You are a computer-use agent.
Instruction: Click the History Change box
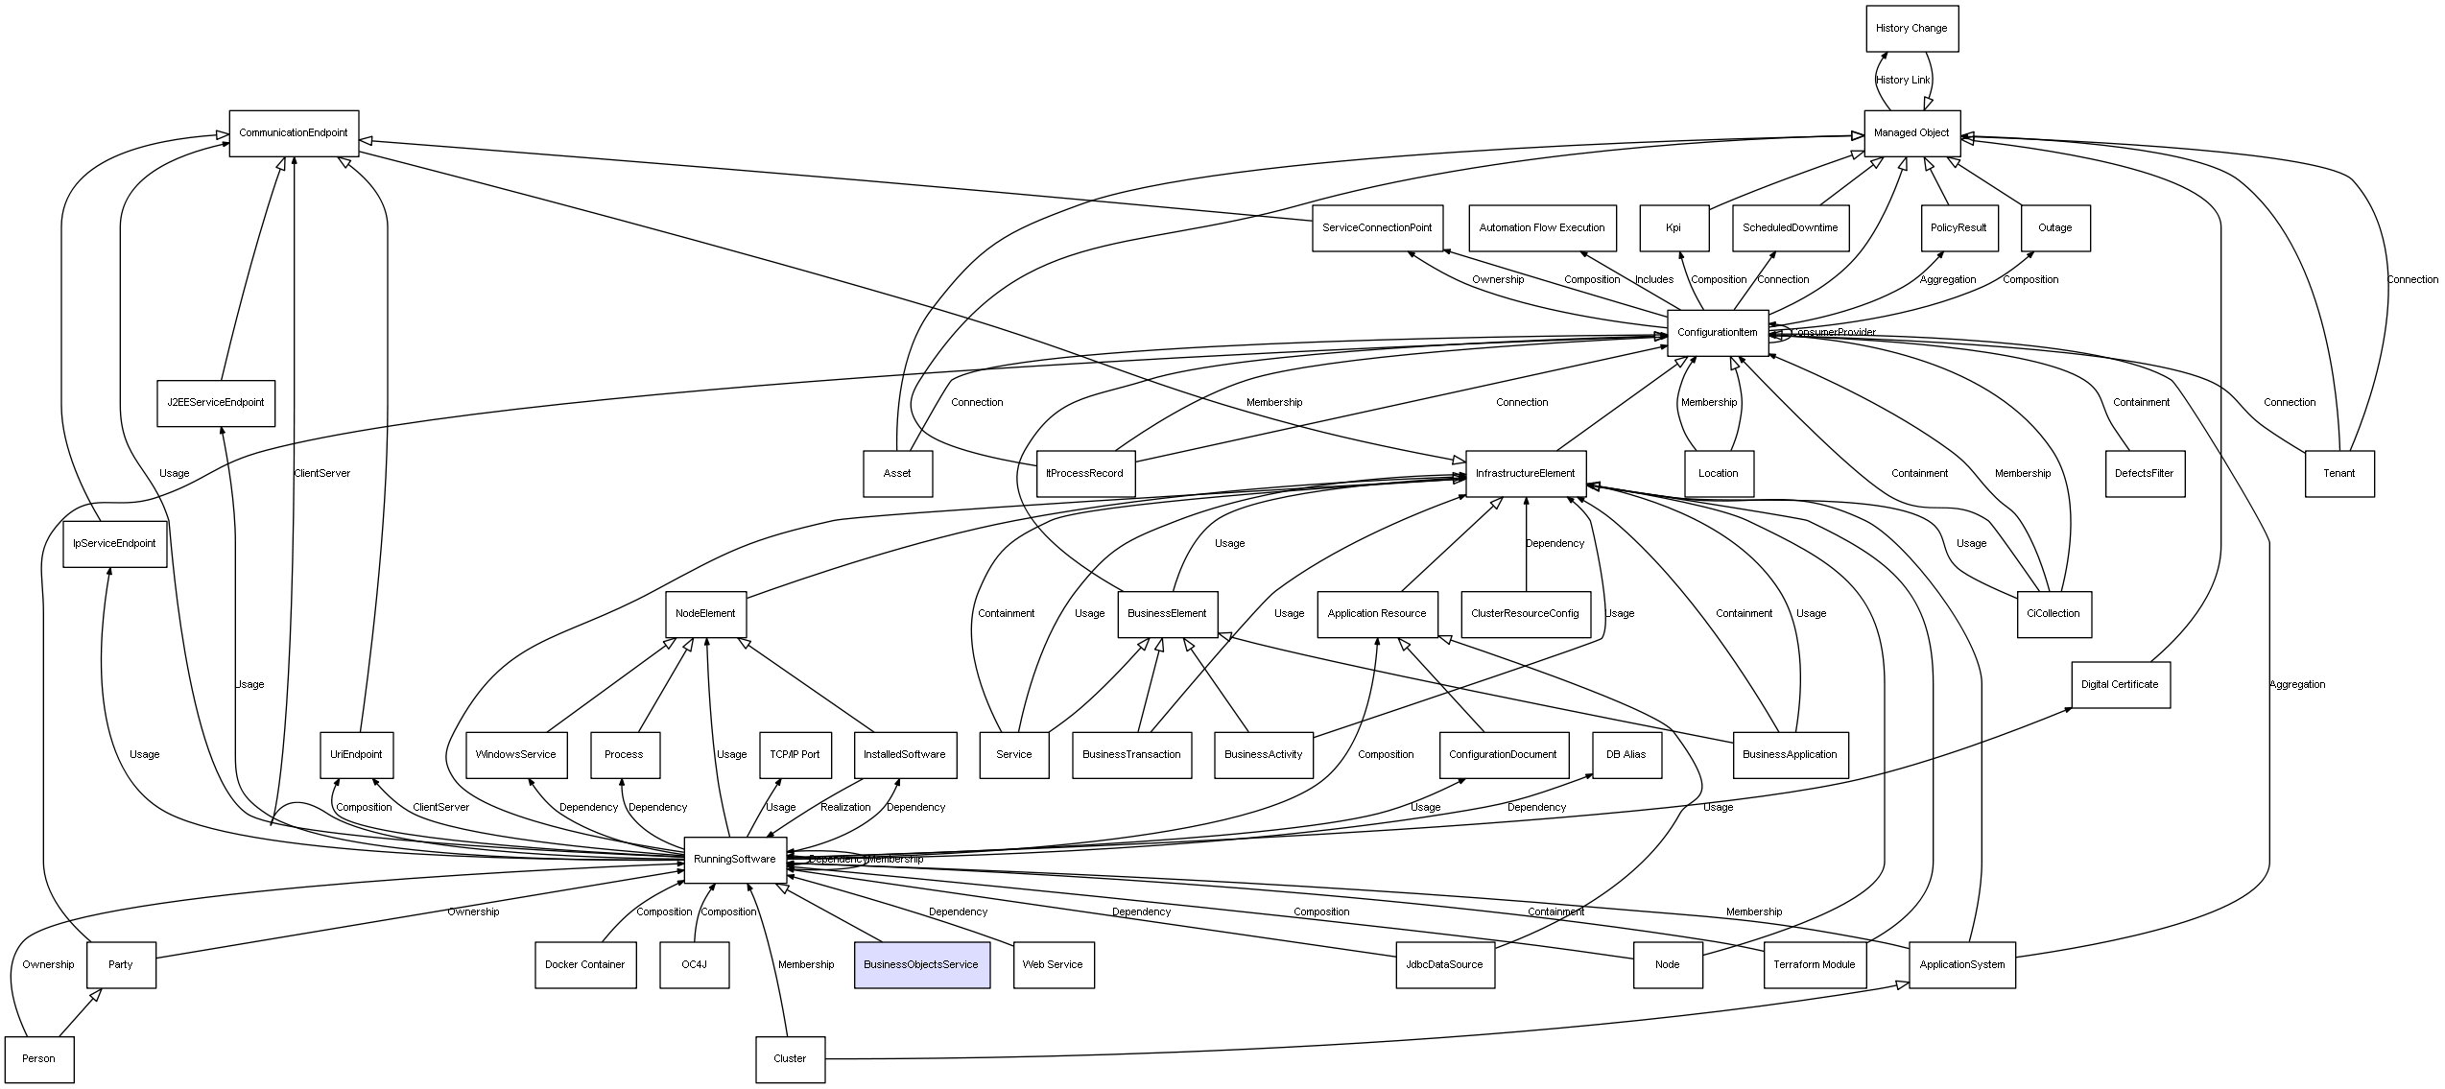pyautogui.click(x=1911, y=29)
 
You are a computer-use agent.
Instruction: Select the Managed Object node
pyautogui.click(x=1911, y=133)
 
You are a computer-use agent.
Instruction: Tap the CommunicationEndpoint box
pyautogui.click(x=294, y=133)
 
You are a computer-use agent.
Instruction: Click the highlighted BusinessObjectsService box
pyautogui.click(x=921, y=964)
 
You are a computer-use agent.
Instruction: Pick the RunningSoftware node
pyautogui.click(x=735, y=860)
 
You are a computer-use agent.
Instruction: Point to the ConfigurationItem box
pyautogui.click(x=1718, y=333)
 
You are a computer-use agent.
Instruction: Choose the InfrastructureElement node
pyautogui.click(x=1526, y=474)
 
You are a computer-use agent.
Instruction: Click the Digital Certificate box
pyautogui.click(x=2120, y=685)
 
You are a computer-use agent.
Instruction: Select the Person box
pyautogui.click(x=39, y=1059)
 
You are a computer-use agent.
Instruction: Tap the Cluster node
pyautogui.click(x=790, y=1059)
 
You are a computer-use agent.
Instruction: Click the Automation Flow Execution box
pyautogui.click(x=1542, y=228)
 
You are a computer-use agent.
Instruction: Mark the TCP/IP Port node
pyautogui.click(x=795, y=755)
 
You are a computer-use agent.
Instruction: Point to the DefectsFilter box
pyautogui.click(x=2145, y=474)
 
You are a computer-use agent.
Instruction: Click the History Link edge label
pyautogui.click(x=1903, y=81)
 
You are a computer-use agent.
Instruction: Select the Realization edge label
pyautogui.click(x=845, y=808)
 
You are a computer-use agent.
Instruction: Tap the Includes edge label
pyautogui.click(x=1654, y=280)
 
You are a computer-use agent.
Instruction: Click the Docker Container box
pyautogui.click(x=585, y=964)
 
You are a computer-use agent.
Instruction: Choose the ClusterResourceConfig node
pyautogui.click(x=1525, y=614)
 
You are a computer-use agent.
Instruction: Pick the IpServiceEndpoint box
pyautogui.click(x=115, y=544)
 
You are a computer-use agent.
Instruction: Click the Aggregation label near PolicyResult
pyautogui.click(x=1948, y=280)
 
